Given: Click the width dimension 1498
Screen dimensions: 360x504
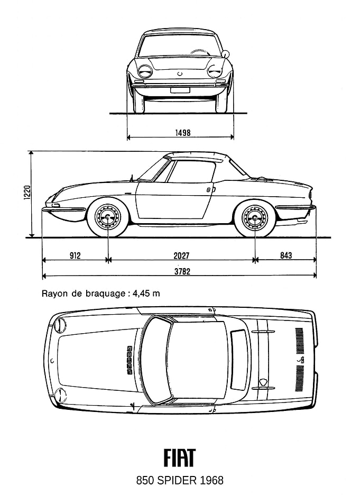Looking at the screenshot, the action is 182,132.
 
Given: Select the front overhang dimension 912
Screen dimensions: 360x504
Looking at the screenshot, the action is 75,255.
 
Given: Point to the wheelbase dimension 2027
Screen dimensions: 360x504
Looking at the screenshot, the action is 182,255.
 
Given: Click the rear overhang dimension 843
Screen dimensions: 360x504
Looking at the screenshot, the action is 286,255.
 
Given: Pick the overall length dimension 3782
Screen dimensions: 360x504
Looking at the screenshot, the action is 182,271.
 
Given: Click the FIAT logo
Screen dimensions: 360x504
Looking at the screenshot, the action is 180,457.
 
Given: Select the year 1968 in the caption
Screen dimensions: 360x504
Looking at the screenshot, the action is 211,481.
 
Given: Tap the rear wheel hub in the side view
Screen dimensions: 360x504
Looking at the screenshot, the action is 255,217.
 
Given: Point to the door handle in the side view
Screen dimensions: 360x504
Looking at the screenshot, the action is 209,190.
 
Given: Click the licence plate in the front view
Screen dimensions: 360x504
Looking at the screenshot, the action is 180,90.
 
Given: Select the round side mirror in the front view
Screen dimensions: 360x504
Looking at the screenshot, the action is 226,54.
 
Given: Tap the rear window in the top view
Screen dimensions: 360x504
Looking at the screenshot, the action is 238,359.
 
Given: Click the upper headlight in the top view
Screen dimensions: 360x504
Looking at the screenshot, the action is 59,325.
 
